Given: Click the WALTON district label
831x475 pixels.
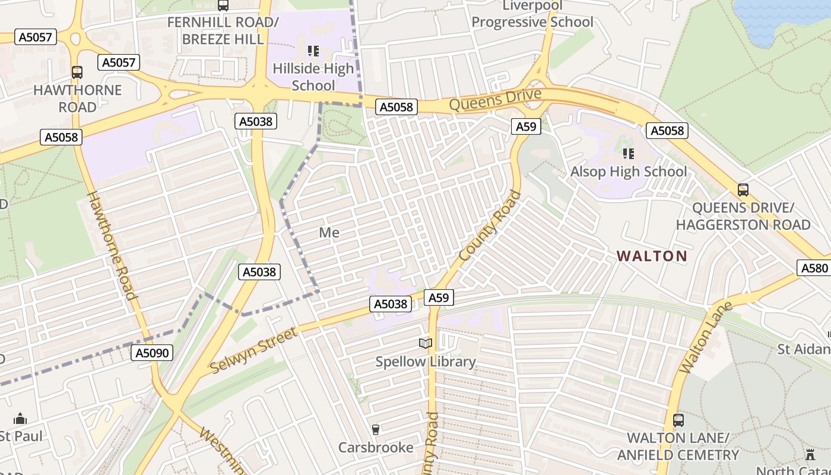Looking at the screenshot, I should click(x=652, y=256).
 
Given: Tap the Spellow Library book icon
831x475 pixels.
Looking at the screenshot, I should click(x=425, y=344).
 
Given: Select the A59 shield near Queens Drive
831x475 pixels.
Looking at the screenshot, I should click(x=526, y=126).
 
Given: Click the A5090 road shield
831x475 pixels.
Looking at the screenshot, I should click(x=152, y=353).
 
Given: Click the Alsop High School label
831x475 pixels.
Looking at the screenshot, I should click(x=629, y=172).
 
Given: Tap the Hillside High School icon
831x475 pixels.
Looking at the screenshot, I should click(x=313, y=52).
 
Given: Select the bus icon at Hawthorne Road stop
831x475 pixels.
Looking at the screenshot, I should click(x=77, y=72).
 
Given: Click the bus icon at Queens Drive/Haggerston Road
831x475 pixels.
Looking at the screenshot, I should click(x=743, y=190).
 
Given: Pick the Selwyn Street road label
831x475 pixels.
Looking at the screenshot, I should click(x=253, y=351).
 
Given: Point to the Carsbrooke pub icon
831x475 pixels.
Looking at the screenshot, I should click(x=375, y=429).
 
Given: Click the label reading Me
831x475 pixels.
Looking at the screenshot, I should click(x=329, y=233).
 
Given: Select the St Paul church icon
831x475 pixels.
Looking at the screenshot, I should click(x=20, y=419).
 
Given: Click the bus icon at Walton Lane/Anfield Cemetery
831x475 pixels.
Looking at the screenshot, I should click(x=678, y=420).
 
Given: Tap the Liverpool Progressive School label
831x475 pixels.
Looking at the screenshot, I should click(x=532, y=14).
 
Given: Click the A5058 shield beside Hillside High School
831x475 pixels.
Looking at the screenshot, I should click(x=397, y=107).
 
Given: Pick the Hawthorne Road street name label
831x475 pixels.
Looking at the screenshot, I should click(x=112, y=245).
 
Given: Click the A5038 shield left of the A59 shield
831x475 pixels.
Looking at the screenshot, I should click(x=391, y=304).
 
